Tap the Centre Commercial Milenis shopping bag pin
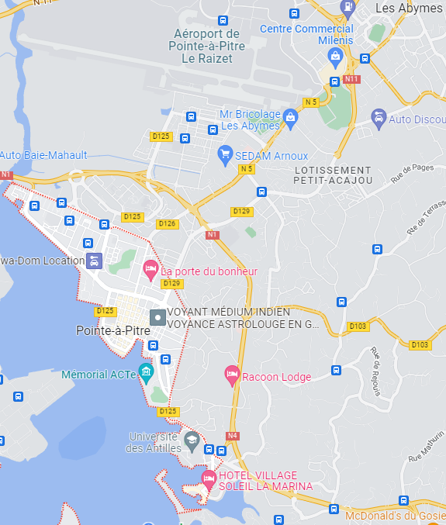335,56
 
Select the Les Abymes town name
409,8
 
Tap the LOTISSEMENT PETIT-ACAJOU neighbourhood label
333,175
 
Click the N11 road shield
352,79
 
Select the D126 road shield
168,224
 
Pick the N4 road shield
233,436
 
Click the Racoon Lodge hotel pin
231,375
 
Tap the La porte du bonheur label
209,272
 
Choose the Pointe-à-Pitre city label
113,330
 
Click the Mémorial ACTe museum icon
145,371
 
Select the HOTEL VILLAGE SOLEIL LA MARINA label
265,481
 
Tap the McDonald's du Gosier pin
334,510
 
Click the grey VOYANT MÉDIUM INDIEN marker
157,317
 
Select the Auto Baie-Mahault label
43,155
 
